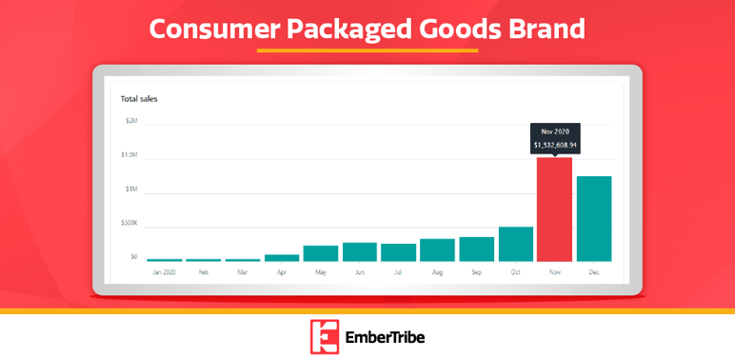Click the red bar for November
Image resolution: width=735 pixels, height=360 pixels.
click(554, 210)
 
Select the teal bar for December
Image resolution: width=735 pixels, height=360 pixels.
click(594, 219)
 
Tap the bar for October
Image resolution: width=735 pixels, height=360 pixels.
click(516, 244)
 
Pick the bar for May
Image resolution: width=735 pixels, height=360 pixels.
click(321, 253)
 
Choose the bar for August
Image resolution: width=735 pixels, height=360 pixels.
click(437, 250)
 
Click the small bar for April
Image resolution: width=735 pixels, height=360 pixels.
click(282, 257)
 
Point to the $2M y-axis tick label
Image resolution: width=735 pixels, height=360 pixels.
click(131, 121)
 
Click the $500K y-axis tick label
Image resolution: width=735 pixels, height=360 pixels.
click(129, 223)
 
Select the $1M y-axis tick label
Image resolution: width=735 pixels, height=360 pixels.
click(131, 189)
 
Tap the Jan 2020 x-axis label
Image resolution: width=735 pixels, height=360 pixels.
click(165, 271)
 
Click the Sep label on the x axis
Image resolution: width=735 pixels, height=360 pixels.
click(477, 271)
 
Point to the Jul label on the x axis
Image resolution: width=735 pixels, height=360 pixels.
click(398, 271)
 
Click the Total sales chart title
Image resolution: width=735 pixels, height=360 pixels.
click(139, 98)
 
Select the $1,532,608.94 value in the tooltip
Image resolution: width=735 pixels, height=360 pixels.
click(554, 145)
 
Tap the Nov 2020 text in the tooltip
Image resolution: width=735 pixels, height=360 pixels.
click(554, 131)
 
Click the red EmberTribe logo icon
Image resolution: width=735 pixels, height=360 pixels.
click(325, 336)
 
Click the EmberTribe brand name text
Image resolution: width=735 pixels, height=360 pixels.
click(385, 337)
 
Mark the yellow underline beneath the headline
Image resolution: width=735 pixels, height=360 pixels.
click(367, 50)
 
